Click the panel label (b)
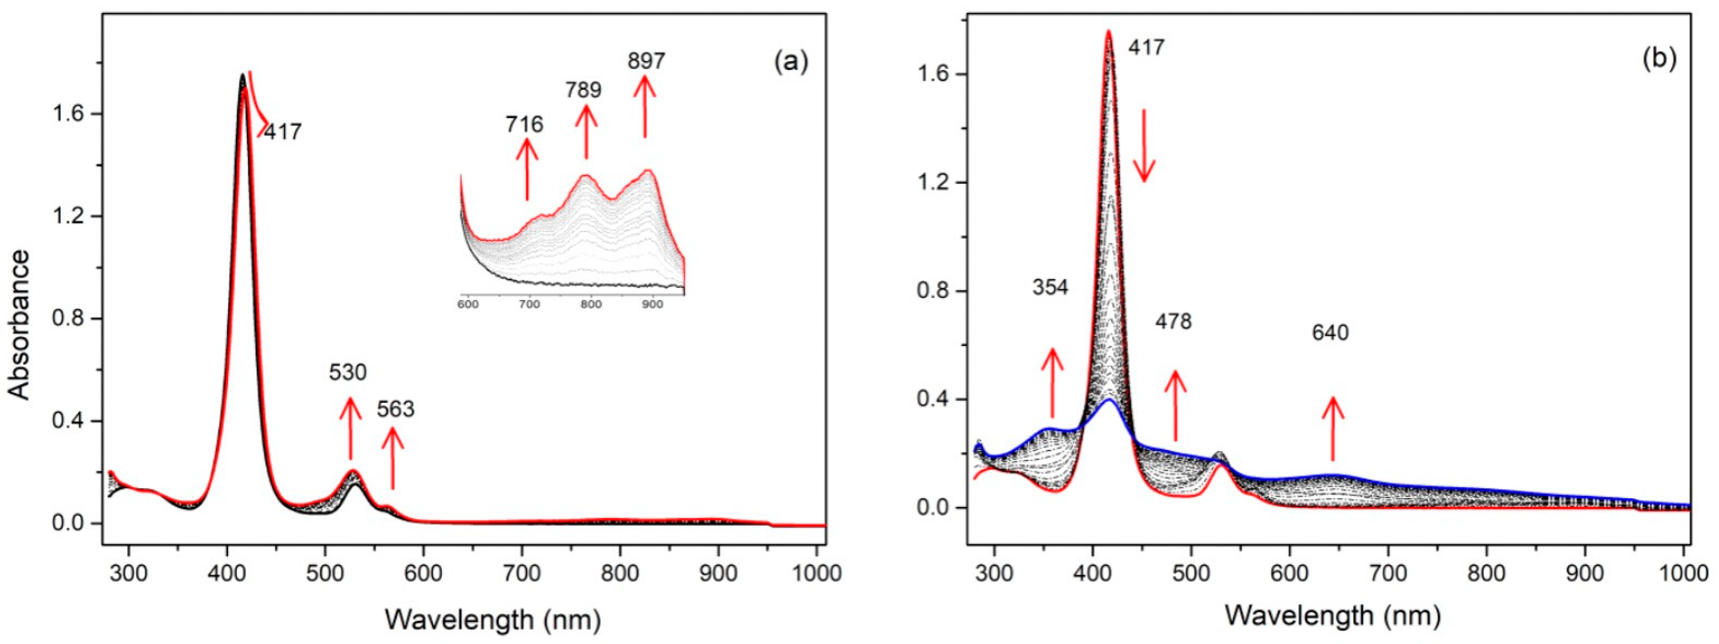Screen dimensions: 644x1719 (1659, 59)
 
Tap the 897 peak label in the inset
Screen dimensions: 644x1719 (646, 61)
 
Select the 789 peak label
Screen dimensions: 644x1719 (583, 90)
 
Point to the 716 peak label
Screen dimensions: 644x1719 (524, 124)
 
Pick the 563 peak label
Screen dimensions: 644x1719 (396, 409)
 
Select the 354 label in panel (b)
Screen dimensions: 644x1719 (1050, 288)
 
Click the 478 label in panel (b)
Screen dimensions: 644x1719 (1173, 322)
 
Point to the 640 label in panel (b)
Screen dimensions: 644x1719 (1330, 332)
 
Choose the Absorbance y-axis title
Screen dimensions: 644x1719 (20, 325)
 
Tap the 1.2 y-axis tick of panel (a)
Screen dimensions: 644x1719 (69, 216)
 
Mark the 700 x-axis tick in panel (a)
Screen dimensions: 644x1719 (522, 574)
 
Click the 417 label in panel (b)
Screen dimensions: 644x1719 (1146, 47)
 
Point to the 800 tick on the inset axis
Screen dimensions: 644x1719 (590, 304)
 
